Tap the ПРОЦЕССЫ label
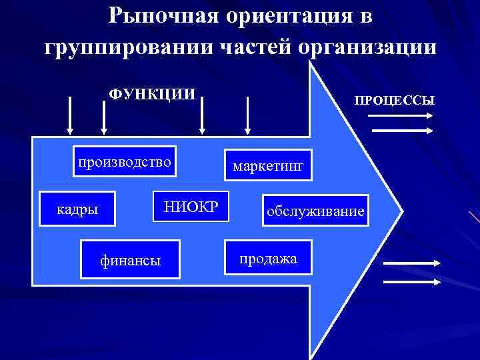pyautogui.click(x=395, y=100)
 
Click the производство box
pyautogui.click(x=125, y=161)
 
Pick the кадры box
pyautogui.click(x=77, y=209)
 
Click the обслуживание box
pyautogui.click(x=315, y=211)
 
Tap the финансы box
pyautogui.click(x=130, y=259)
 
